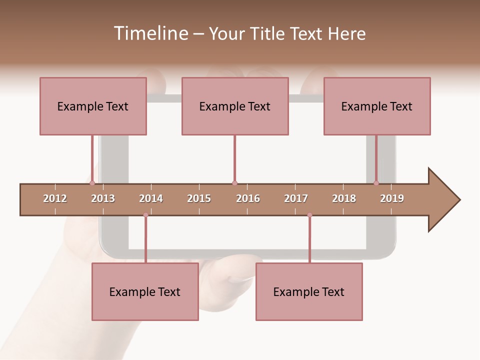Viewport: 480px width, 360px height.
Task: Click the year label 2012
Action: click(x=55, y=198)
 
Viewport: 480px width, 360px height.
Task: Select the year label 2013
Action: click(x=103, y=198)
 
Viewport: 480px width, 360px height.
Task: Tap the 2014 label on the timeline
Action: click(x=151, y=198)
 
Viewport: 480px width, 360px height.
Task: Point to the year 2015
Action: click(x=199, y=198)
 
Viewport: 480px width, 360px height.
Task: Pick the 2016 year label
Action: click(x=248, y=198)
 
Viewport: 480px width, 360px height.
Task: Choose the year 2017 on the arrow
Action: click(x=296, y=198)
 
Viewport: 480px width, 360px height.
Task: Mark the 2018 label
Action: click(x=344, y=198)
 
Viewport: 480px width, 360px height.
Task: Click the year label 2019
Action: click(x=392, y=198)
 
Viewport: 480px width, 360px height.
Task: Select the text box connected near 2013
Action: click(x=93, y=106)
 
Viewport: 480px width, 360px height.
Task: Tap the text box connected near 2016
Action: click(x=235, y=106)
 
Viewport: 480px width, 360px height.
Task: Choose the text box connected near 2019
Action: click(x=377, y=106)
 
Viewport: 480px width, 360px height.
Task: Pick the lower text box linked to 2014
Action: click(x=145, y=291)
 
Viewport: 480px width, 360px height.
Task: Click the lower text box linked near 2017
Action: click(x=309, y=291)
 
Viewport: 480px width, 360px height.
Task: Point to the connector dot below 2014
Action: click(x=145, y=215)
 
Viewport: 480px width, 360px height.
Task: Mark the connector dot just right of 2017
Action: click(x=309, y=215)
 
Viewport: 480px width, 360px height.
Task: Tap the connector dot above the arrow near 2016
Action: click(x=234, y=183)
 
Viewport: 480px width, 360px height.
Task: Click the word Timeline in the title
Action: click(x=149, y=33)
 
